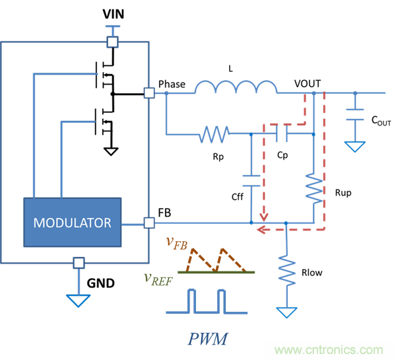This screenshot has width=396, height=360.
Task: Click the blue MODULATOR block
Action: pos(73,222)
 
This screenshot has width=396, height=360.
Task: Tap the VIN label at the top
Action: pos(113,14)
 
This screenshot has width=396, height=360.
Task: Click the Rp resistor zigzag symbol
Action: pos(213,135)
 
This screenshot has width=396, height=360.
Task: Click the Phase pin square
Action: pos(150,93)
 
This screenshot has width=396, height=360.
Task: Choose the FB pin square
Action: pos(150,223)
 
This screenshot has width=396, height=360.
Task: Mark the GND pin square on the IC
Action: pos(79,262)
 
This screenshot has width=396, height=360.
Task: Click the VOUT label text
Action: pos(308,83)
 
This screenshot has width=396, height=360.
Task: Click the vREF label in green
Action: pos(157,277)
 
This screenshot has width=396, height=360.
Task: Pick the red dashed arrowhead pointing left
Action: pos(262,231)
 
